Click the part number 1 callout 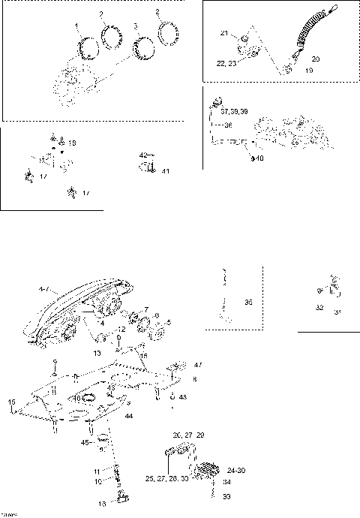(x=76, y=27)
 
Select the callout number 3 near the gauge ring (x=134, y=26)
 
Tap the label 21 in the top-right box (x=223, y=34)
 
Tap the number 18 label (x=72, y=142)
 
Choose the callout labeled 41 (x=165, y=171)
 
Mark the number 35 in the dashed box (x=248, y=303)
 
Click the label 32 (x=319, y=308)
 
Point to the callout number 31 (x=337, y=312)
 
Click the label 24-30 (x=234, y=471)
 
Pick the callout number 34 (x=226, y=483)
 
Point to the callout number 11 (x=97, y=471)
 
